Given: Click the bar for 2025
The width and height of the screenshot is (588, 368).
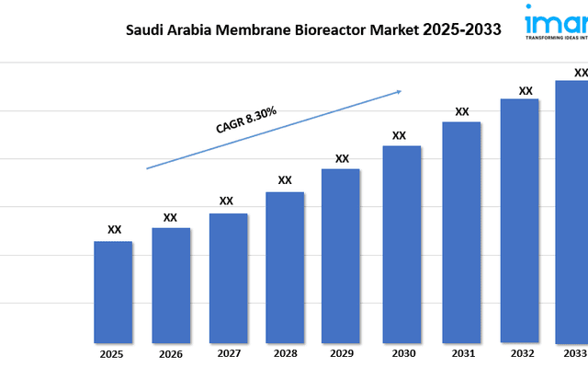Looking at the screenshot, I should pos(113,291).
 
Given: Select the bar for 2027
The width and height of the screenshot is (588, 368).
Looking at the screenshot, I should pos(228,277).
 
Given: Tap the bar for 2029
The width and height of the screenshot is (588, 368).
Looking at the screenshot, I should pos(341,255).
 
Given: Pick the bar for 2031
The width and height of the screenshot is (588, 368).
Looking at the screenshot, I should pos(461,231).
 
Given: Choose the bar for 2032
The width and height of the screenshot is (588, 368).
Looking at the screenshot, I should pos(519,220).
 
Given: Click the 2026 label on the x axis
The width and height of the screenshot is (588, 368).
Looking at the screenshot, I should pos(169,353).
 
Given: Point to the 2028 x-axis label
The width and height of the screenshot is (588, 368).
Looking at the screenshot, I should pos(284,353).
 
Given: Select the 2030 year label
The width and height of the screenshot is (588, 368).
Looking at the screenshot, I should pos(401,353).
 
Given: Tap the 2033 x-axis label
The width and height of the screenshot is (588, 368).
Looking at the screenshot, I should pos(574,353).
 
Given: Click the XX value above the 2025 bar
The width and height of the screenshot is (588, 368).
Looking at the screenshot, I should pos(114,230).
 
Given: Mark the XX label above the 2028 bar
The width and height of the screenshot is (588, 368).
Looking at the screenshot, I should pos(285,180).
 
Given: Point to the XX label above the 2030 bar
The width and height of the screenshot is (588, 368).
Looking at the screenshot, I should pos(400,135).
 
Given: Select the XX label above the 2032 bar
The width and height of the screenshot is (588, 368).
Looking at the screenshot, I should pos(526,90).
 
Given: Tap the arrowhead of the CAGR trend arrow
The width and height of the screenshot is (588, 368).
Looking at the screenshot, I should pos(399,91).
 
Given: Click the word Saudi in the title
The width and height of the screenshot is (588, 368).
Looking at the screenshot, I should pos(145,29).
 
